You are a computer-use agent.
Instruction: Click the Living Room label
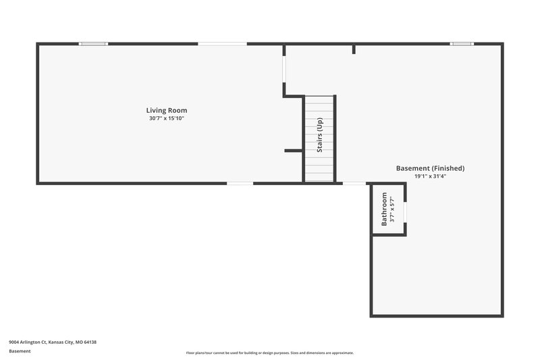point(167,110)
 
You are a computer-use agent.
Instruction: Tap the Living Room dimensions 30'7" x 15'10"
point(167,118)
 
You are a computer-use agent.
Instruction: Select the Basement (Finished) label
point(430,168)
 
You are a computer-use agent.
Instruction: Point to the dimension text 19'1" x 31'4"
point(430,176)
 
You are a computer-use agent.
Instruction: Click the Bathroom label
point(384,209)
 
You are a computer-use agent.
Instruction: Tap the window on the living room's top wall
point(93,44)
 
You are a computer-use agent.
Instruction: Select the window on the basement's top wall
point(462,44)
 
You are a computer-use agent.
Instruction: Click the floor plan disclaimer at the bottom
point(270,353)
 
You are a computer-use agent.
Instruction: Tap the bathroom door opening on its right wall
point(406,211)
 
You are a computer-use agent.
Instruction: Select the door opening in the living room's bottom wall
point(240,183)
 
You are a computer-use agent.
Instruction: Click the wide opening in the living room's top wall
point(222,44)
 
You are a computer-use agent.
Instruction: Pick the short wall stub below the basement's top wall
point(354,49)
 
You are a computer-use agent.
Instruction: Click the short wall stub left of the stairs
point(292,151)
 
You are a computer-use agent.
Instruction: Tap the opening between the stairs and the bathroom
point(354,183)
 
